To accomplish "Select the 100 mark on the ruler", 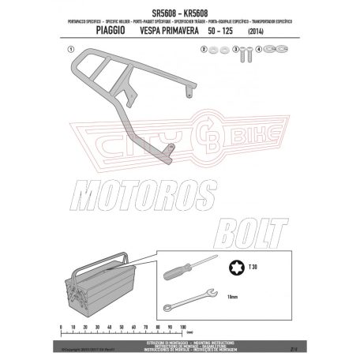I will click(181, 324).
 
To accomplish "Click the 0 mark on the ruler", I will click(60, 324).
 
